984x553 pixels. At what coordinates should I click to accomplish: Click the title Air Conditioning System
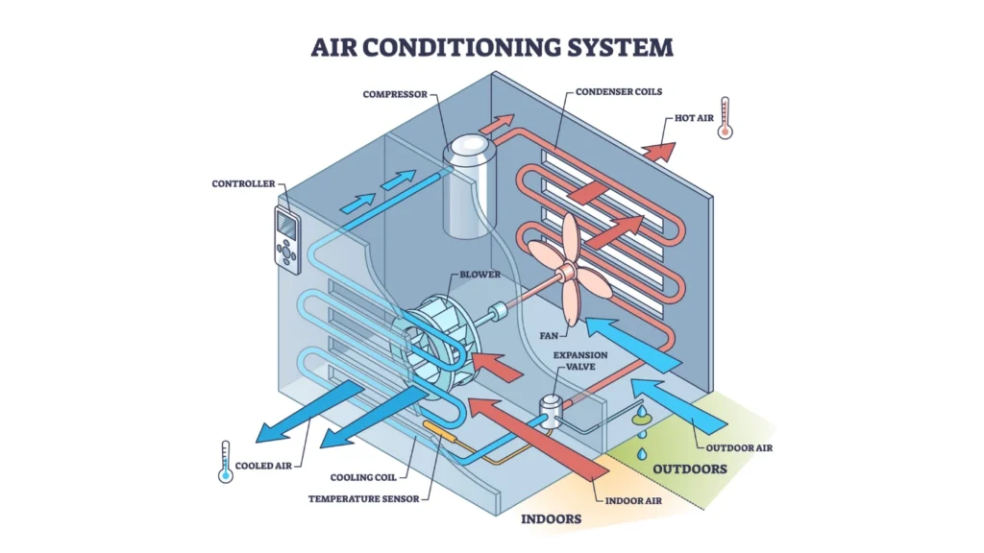point(491,46)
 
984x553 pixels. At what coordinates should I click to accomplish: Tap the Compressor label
point(394,94)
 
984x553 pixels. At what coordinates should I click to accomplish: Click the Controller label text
point(243,183)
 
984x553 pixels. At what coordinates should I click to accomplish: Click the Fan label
point(548,336)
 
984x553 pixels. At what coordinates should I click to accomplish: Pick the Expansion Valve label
point(580,361)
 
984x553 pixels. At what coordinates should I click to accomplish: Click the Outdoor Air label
point(740,447)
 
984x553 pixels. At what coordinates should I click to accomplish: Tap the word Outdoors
point(689,469)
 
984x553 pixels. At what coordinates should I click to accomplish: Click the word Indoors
point(553,519)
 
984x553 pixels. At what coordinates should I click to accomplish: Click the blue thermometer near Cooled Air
point(226,461)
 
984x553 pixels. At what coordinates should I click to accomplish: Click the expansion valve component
point(551,411)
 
